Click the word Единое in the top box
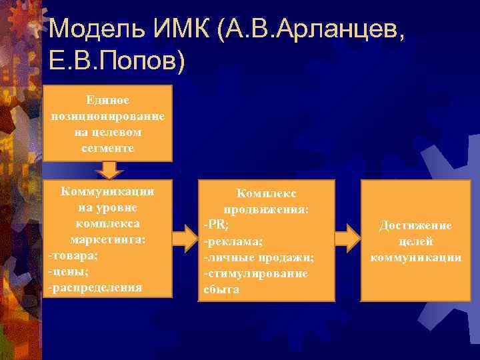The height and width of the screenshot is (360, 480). click(x=107, y=100)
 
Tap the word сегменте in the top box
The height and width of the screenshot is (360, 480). click(x=107, y=148)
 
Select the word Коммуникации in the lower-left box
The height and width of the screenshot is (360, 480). click(x=107, y=191)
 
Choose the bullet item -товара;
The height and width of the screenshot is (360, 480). click(x=71, y=255)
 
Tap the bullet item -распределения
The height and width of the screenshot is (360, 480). click(x=95, y=287)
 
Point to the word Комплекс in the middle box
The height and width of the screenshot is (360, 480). click(x=265, y=193)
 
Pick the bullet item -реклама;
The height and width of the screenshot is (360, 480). click(x=233, y=241)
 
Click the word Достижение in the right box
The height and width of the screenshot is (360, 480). click(x=415, y=226)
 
